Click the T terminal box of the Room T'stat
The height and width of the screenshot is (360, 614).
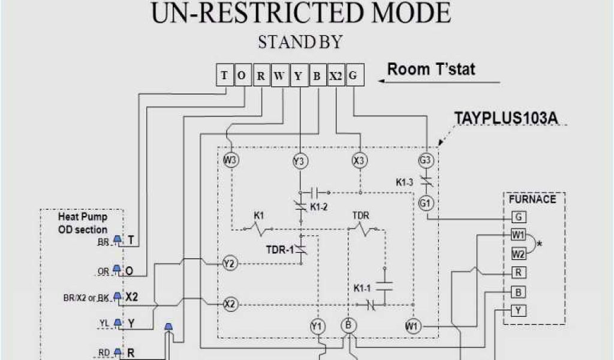(224, 76)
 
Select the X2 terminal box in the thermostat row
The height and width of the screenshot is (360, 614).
(336, 76)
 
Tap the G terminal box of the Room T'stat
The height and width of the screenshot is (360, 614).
(353, 76)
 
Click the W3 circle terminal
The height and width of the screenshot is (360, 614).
(231, 160)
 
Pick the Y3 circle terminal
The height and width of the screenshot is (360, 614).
(299, 161)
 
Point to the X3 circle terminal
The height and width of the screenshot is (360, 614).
(360, 160)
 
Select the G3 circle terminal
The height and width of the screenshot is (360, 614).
(426, 160)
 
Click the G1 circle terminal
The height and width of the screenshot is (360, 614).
(426, 203)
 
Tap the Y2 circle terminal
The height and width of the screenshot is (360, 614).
(229, 263)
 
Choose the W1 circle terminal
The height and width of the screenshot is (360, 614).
(413, 326)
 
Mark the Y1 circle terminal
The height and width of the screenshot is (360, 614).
(317, 326)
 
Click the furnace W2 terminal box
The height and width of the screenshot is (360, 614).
(518, 253)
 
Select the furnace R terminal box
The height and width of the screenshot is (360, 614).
(518, 272)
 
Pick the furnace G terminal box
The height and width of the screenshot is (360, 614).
(518, 217)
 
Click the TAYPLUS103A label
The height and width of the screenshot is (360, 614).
(505, 118)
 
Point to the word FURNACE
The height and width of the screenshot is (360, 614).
(532, 199)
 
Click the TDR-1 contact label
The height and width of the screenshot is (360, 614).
(280, 250)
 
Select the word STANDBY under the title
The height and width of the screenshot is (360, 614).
(300, 42)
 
